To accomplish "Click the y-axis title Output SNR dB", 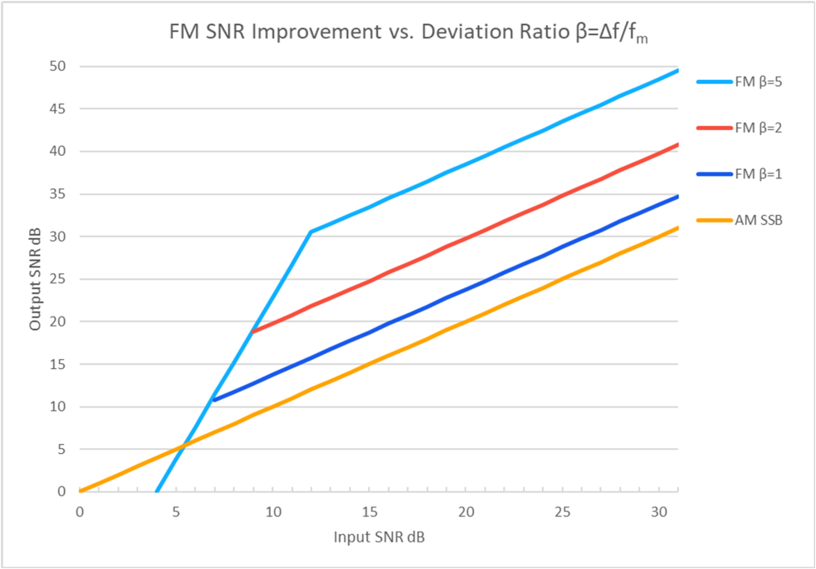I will pyautogui.click(x=35, y=278).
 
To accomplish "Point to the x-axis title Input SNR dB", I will pyautogui.click(x=379, y=537).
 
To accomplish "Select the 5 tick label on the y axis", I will pyautogui.click(x=62, y=449).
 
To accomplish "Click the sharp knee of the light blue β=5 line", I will pyautogui.click(x=311, y=232).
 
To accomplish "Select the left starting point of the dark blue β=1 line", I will pyautogui.click(x=215, y=400).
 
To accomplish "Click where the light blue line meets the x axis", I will pyautogui.click(x=157, y=492).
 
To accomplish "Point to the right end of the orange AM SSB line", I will pyautogui.click(x=677, y=227).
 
